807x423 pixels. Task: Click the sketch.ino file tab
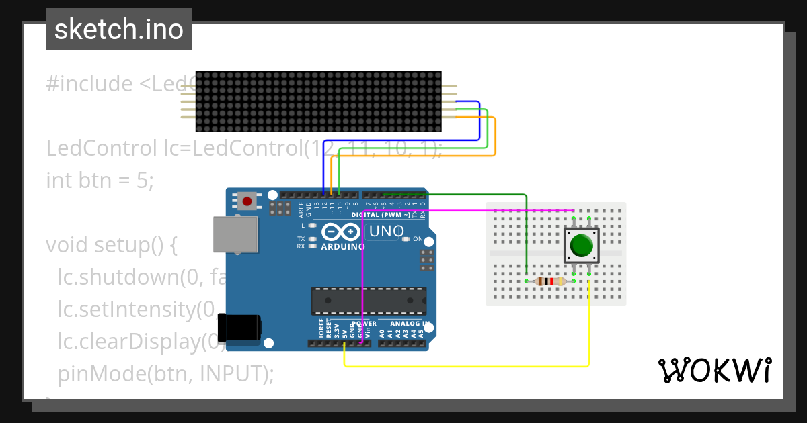[119, 30]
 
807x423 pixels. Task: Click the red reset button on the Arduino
[247, 200]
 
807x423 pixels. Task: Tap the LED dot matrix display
[318, 101]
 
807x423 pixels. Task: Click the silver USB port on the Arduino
[235, 234]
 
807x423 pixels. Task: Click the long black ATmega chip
[368, 301]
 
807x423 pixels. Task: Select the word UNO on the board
[386, 232]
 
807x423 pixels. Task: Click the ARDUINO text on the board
[343, 246]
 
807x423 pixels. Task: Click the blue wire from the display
[479, 121]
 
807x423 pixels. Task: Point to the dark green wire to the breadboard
[526, 235]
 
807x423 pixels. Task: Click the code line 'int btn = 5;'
[100, 180]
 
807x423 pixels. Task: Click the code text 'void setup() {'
[111, 245]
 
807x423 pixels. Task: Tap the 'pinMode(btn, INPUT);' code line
[165, 373]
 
